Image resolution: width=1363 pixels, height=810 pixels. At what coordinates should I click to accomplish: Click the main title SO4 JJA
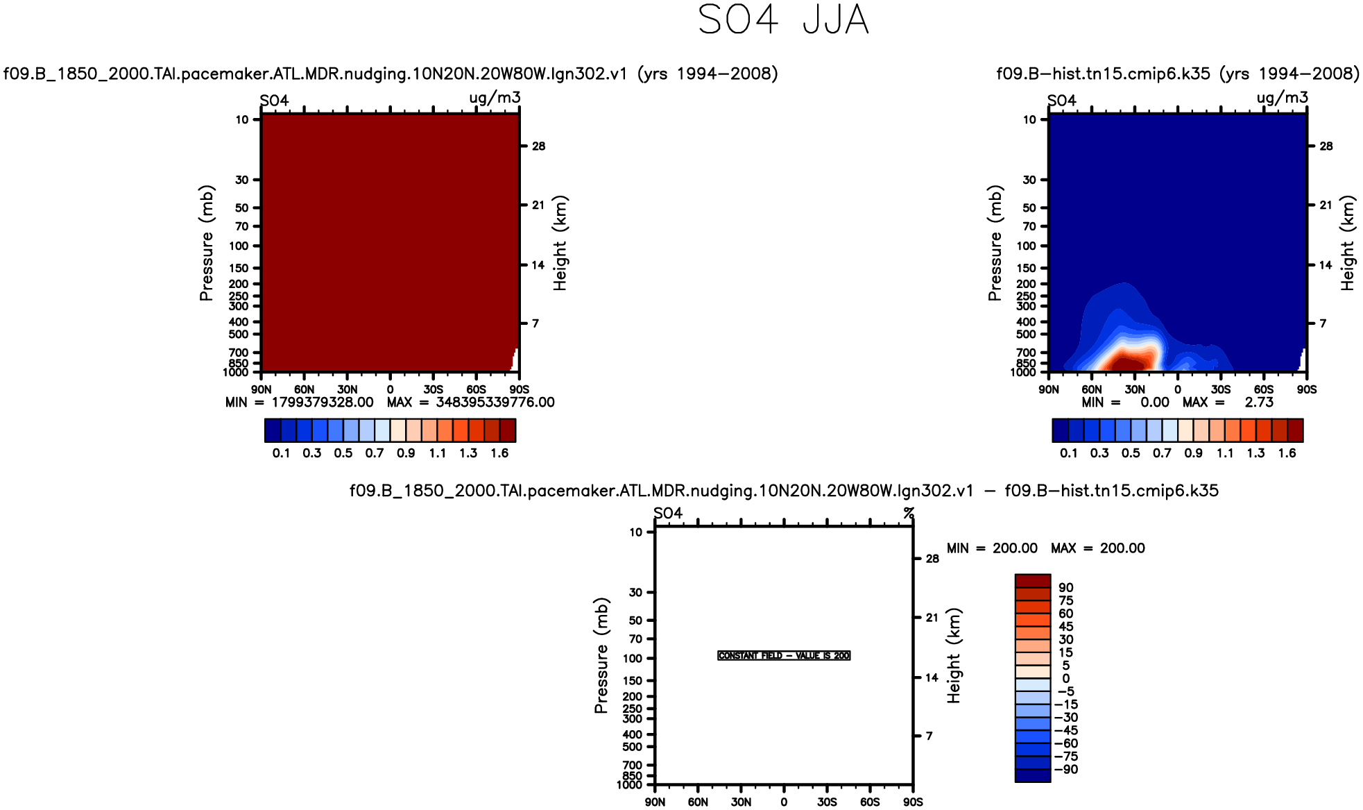click(782, 20)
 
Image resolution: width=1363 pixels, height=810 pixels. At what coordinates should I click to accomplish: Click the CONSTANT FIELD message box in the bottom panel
click(784, 656)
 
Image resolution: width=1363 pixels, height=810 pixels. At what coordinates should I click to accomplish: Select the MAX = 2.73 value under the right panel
click(1228, 403)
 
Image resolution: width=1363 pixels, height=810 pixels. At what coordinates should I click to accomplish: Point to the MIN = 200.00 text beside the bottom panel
click(992, 548)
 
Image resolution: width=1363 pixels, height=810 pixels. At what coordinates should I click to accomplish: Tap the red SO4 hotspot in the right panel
click(1129, 360)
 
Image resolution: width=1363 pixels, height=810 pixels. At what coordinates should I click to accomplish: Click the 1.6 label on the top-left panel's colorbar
click(499, 453)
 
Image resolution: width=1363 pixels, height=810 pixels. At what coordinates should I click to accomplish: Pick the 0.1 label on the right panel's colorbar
click(1068, 453)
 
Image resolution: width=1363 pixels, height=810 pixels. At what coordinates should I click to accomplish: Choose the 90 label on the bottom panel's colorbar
click(1066, 588)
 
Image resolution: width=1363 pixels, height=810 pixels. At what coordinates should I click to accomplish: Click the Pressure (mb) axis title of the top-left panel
click(206, 243)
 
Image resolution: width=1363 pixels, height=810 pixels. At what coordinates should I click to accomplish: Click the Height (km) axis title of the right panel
click(1347, 243)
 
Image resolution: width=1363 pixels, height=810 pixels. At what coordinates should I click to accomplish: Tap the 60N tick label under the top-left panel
click(304, 389)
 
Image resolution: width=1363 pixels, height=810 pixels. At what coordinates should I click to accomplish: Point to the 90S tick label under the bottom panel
click(913, 802)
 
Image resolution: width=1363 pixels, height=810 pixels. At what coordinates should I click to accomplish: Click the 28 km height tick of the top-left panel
click(538, 146)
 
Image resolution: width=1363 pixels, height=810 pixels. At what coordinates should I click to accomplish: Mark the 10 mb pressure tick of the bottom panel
click(635, 532)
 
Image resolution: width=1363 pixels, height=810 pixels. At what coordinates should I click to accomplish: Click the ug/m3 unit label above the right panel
click(1282, 98)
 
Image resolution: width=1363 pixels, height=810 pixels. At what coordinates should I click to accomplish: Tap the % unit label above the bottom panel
click(909, 514)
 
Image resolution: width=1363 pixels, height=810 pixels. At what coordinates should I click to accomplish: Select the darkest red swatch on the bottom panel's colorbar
click(1032, 581)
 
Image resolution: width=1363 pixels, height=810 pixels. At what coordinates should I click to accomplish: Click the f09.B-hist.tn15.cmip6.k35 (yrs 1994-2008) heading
click(1178, 74)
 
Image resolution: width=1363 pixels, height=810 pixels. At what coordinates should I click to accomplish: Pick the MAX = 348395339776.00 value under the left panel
click(470, 403)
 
